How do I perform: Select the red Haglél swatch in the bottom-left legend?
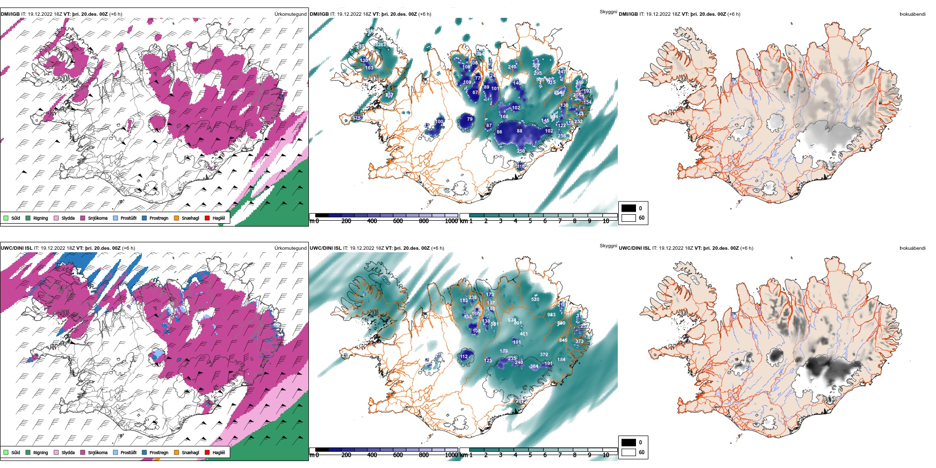(x=207, y=452)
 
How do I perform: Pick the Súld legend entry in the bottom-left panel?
(x=12, y=452)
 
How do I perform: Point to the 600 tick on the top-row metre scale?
(x=398, y=221)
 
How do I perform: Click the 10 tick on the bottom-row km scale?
(x=606, y=455)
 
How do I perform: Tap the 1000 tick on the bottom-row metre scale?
(x=451, y=455)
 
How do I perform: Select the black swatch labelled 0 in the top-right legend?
(x=629, y=208)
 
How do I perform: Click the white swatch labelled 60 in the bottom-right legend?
(x=629, y=452)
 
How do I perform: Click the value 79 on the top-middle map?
(x=469, y=119)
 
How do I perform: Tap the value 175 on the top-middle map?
(x=357, y=118)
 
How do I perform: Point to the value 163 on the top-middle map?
(x=369, y=68)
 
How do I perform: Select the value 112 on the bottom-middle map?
(x=464, y=357)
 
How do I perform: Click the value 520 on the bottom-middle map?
(x=535, y=300)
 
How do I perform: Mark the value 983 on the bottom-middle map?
(x=551, y=315)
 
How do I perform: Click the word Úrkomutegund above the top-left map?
(x=290, y=14)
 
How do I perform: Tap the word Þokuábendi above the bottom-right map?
(x=912, y=248)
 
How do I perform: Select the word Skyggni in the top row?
(x=608, y=12)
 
